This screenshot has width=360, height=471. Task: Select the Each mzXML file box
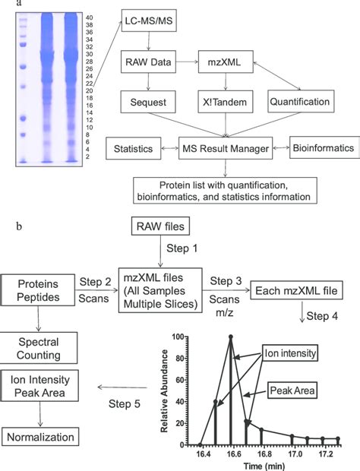[x=293, y=292]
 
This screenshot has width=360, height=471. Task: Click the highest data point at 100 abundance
[x=230, y=337]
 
